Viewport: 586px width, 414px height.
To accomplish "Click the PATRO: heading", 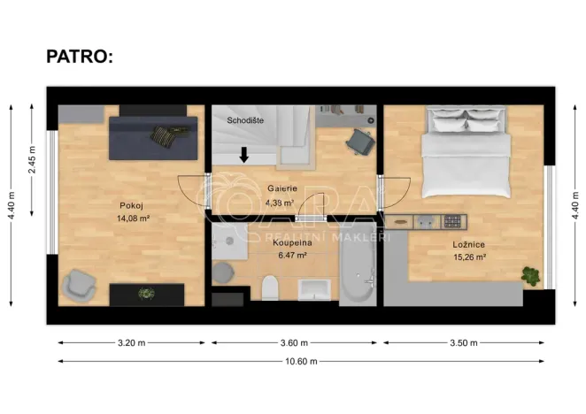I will pyautogui.click(x=80, y=58).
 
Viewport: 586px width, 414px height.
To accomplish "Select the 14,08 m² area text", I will pyautogui.click(x=133, y=218).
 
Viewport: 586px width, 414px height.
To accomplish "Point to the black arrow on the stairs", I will pyautogui.click(x=243, y=156).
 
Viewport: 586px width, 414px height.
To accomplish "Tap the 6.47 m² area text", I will pyautogui.click(x=292, y=255).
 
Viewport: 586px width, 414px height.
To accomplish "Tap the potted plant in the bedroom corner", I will pyautogui.click(x=531, y=275).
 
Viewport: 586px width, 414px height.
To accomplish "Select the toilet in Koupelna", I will pyautogui.click(x=271, y=287).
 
